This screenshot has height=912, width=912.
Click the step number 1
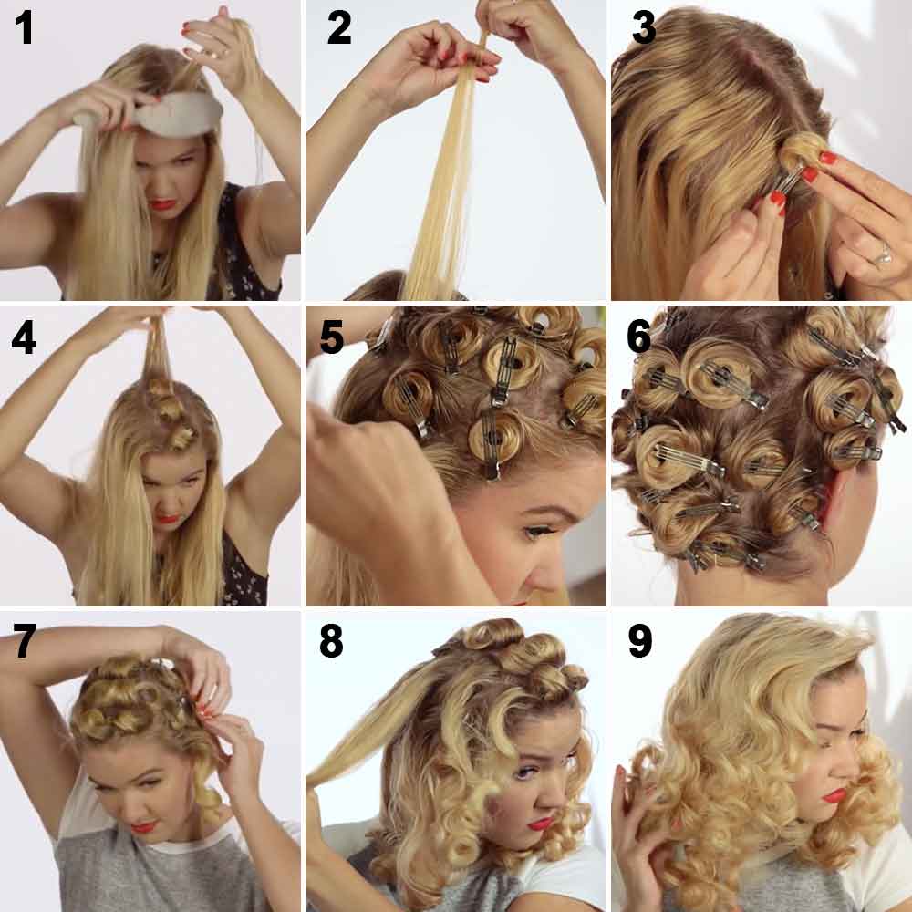point(23,28)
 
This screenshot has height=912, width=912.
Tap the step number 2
point(338,28)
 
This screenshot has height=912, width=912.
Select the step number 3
point(643,28)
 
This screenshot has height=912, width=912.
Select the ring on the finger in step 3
point(882,257)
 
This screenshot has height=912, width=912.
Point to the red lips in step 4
point(167,519)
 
